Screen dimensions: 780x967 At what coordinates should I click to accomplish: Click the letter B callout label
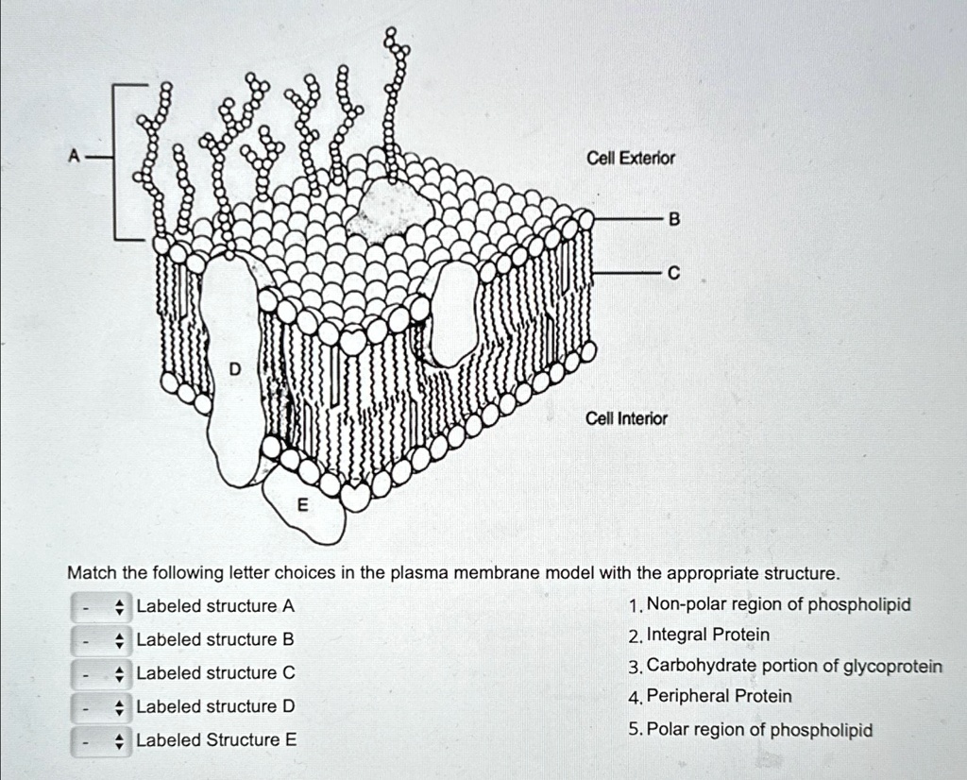(673, 219)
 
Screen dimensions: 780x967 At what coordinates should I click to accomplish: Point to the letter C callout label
(673, 274)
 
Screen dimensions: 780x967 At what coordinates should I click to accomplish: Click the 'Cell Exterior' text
(631, 158)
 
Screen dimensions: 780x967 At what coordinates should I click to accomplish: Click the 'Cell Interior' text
(626, 418)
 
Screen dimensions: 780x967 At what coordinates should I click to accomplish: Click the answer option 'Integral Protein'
(708, 635)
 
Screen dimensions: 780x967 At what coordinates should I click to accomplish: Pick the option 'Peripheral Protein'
(719, 697)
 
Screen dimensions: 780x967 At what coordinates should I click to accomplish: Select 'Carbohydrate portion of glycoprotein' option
(794, 667)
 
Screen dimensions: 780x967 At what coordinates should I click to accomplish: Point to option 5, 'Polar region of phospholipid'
(760, 730)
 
